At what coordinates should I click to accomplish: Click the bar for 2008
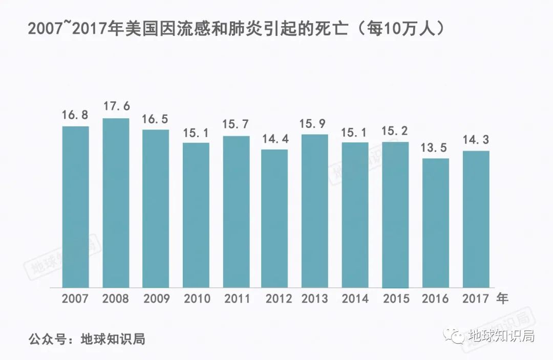point(116,203)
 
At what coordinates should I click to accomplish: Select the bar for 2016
point(435,223)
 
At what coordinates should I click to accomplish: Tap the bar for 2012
point(274,218)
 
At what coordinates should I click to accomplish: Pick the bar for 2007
point(75,206)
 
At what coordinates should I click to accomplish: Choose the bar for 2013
point(315,210)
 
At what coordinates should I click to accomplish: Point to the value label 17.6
point(116,107)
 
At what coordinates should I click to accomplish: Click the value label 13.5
point(435,147)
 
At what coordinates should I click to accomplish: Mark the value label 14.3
point(476,139)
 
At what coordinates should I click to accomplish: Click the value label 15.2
point(395,131)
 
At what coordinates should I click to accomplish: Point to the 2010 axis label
point(196,299)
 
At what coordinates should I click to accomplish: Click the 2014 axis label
point(355,299)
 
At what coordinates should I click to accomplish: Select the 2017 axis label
point(476,299)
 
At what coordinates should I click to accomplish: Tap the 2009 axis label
point(156,299)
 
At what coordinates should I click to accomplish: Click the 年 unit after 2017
point(502,298)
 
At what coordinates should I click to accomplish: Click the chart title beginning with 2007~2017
point(235,29)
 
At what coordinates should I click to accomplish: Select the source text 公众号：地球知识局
point(87,338)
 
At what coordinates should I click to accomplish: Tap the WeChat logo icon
point(454,336)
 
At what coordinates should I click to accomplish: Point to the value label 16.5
point(156,119)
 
